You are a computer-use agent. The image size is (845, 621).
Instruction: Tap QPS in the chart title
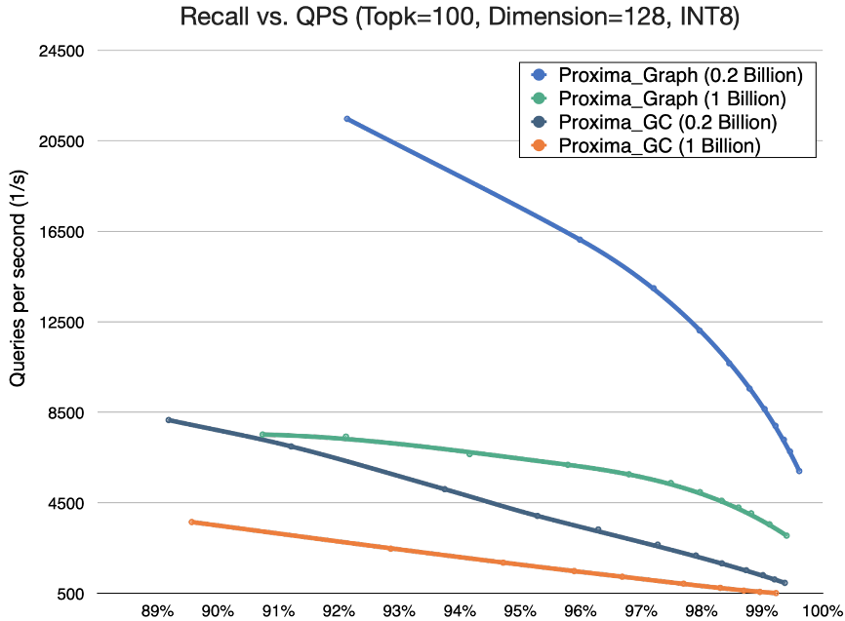(x=321, y=16)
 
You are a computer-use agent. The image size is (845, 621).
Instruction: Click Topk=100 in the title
(x=404, y=16)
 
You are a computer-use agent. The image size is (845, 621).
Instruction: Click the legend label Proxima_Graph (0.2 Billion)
(x=680, y=75)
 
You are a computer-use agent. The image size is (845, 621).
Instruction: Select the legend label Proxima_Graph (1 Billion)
(x=671, y=98)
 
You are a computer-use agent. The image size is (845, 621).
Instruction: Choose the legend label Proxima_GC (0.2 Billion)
(x=667, y=123)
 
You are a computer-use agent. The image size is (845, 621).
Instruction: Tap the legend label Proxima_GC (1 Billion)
(x=659, y=146)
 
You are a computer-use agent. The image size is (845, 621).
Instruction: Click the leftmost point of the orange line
(x=191, y=522)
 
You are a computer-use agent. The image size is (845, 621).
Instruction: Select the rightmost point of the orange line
(x=776, y=593)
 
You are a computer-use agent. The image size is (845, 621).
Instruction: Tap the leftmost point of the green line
(x=262, y=434)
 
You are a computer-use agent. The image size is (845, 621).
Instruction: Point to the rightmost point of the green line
(x=786, y=535)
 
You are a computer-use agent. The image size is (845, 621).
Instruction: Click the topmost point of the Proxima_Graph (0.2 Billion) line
(x=346, y=118)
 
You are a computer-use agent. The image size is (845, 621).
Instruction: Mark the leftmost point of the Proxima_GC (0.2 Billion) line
(x=168, y=419)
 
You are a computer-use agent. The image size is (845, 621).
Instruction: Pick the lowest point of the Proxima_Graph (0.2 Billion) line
(x=799, y=471)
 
